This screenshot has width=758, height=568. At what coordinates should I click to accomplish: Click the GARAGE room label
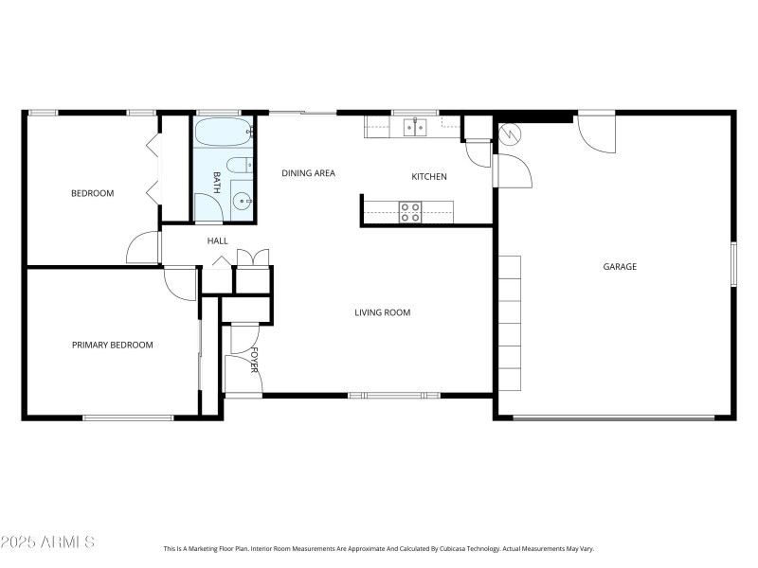pyautogui.click(x=620, y=267)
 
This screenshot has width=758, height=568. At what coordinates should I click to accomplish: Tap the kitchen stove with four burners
pyautogui.click(x=410, y=212)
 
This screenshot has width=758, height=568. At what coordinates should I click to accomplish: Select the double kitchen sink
pyautogui.click(x=414, y=126)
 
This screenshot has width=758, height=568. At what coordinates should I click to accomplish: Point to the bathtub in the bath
pyautogui.click(x=224, y=133)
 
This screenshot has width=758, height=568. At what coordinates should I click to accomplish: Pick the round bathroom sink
pyautogui.click(x=244, y=201)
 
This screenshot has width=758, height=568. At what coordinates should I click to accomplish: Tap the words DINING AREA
pyautogui.click(x=308, y=173)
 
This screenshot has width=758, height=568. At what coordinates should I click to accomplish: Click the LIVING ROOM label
pyautogui.click(x=382, y=312)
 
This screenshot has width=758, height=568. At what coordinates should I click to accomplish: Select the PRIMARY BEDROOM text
pyautogui.click(x=112, y=346)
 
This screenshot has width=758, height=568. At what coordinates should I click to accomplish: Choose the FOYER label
pyautogui.click(x=254, y=360)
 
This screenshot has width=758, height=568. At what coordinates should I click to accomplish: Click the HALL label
pyautogui.click(x=217, y=241)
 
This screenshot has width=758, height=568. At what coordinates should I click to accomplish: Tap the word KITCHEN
pyautogui.click(x=428, y=177)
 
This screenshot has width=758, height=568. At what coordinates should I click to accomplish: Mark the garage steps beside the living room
pyautogui.click(x=509, y=322)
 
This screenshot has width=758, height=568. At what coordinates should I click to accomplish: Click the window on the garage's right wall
pyautogui.click(x=732, y=264)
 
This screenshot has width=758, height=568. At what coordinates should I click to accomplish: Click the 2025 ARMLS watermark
pyautogui.click(x=47, y=542)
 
